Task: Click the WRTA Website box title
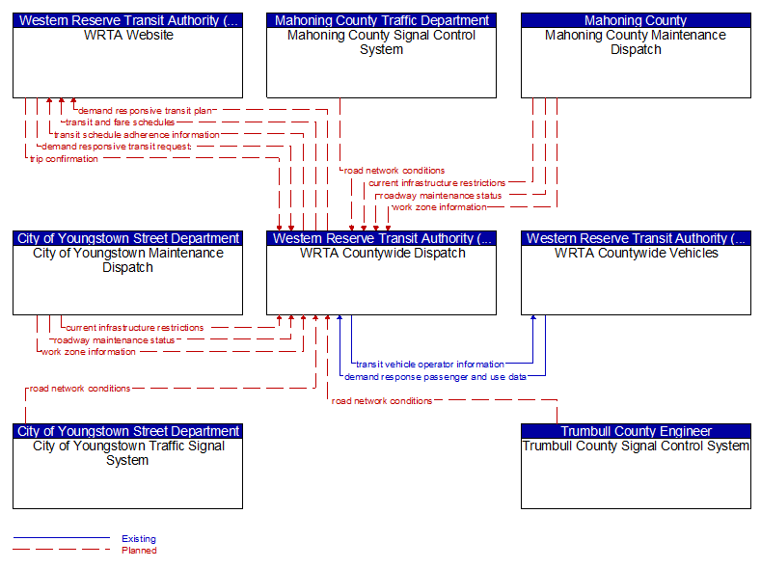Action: [127, 36]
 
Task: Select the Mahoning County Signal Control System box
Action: [381, 63]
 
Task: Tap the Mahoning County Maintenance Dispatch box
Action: [636, 63]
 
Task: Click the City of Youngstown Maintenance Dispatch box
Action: [127, 280]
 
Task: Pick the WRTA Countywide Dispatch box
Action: [381, 280]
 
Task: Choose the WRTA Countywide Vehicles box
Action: [636, 280]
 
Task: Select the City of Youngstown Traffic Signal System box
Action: [127, 473]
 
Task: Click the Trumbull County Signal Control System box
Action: [636, 473]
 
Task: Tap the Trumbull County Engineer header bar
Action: [636, 431]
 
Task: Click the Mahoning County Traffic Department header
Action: [381, 20]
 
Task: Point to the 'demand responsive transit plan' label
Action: [145, 110]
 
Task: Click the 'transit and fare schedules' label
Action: [120, 122]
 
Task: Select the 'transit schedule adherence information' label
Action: [136, 135]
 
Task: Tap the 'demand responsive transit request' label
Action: [116, 147]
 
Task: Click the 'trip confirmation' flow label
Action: [64, 159]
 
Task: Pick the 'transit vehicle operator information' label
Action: [430, 365]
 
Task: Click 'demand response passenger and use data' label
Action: [435, 377]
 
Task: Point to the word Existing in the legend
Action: [139, 539]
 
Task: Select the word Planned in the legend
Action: [139, 551]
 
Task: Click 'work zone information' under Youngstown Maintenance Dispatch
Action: [89, 352]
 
